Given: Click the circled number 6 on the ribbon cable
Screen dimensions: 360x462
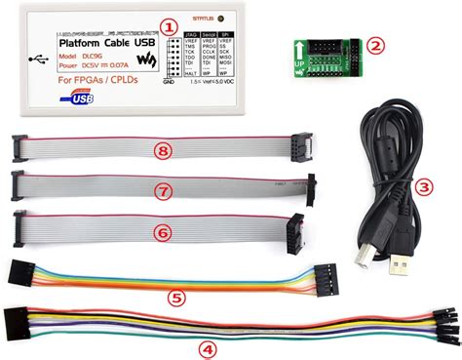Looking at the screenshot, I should click(163, 232).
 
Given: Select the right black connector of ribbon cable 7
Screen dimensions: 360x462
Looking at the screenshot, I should click(313, 187).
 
